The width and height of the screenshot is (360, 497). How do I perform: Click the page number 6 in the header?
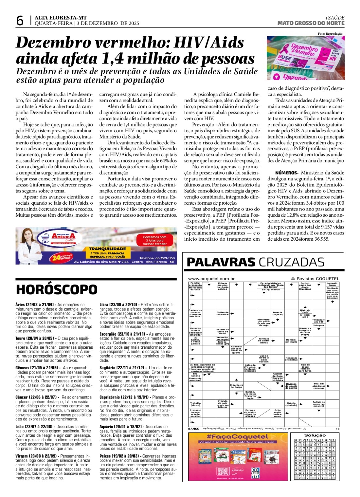point(20,21)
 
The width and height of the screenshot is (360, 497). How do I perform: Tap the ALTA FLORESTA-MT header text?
point(61,18)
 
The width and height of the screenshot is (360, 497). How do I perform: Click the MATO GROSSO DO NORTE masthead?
point(311,23)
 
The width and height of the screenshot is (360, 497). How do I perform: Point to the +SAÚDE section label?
point(334,18)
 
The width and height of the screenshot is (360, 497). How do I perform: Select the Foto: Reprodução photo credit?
point(330,34)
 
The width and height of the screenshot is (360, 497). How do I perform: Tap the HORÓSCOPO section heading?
point(57,290)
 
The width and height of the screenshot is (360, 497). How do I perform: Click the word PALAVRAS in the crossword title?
point(221,262)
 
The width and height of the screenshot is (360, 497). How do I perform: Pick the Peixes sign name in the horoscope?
point(105,456)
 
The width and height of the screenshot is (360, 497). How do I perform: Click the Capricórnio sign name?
point(111,397)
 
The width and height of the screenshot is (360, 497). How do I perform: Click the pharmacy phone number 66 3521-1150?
point(157,258)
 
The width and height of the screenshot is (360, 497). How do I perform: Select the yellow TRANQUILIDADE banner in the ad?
point(107,249)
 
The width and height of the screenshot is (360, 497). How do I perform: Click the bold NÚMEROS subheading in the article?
point(286,173)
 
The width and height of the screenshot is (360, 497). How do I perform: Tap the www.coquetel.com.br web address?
point(211,279)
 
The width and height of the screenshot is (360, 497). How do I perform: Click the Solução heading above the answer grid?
point(315,435)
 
